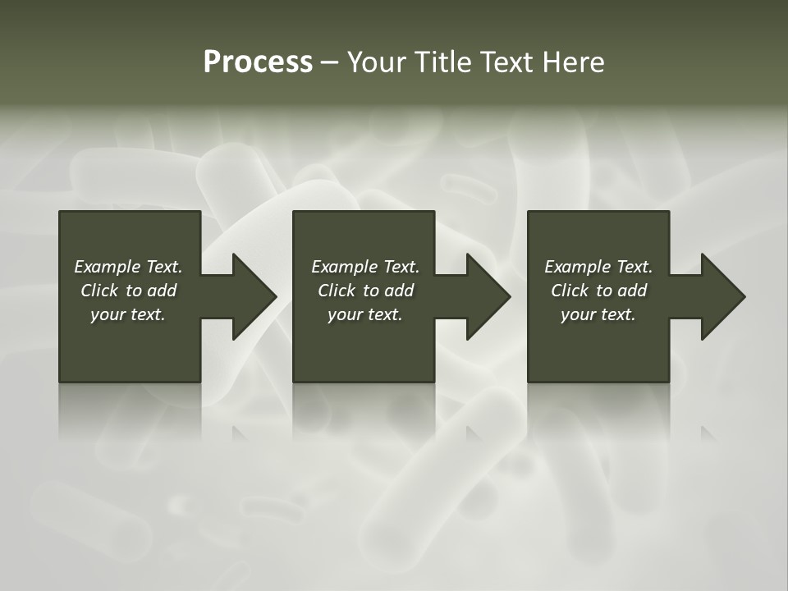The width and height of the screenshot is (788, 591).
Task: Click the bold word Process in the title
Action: [258, 62]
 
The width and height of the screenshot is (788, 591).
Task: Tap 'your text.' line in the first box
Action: [128, 314]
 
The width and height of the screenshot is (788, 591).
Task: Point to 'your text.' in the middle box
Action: [365, 314]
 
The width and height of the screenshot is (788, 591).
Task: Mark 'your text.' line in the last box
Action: [598, 314]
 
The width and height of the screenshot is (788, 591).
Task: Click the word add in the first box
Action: [163, 291]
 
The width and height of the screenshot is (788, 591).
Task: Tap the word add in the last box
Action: [633, 291]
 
